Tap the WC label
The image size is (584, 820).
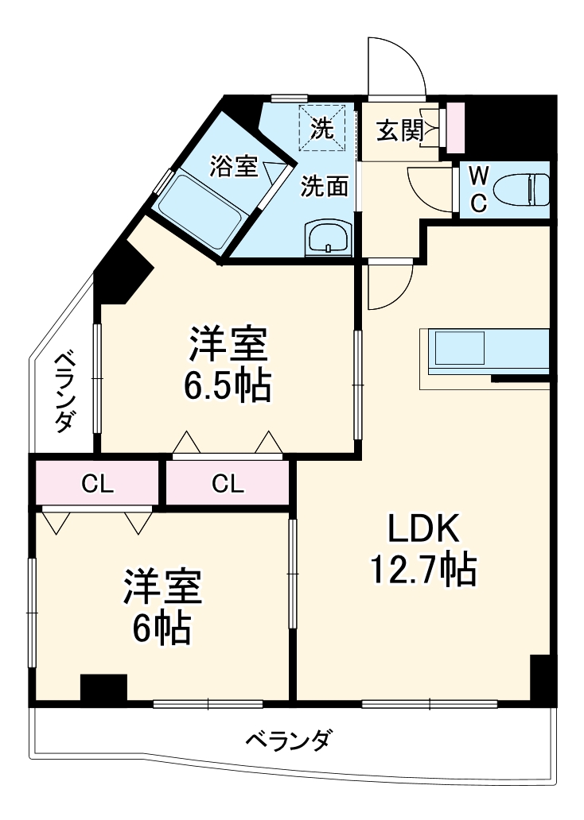(x=478, y=190)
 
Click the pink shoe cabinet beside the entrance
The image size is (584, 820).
(x=455, y=128)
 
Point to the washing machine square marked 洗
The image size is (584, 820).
(x=322, y=127)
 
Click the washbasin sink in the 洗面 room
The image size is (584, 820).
(x=327, y=237)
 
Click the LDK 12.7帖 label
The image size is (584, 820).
(x=422, y=548)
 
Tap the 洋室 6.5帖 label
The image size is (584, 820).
(x=229, y=364)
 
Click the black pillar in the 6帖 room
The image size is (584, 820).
(x=103, y=687)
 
